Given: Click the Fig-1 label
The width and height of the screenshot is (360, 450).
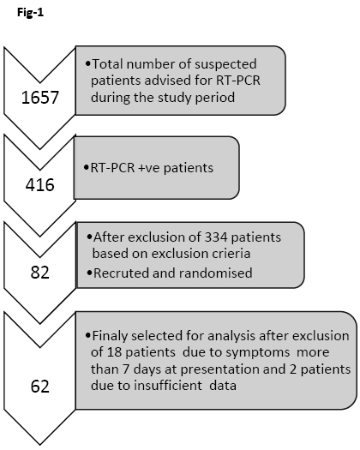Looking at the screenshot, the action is tap(31, 13).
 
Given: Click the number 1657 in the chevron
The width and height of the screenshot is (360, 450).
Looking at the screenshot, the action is tap(40, 98).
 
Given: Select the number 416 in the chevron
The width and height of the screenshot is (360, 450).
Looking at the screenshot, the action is tap(40, 185).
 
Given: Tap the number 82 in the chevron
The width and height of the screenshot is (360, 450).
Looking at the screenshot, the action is tap(40, 273).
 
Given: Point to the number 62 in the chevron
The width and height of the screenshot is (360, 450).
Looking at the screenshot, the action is tap(40, 387).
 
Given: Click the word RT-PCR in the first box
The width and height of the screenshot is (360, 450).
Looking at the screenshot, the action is tap(238, 81).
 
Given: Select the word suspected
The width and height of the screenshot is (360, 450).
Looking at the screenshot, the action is tap(225, 64).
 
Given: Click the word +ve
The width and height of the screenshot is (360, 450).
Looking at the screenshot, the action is tap(148, 168).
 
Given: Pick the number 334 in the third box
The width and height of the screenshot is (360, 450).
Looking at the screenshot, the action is tap(216, 237).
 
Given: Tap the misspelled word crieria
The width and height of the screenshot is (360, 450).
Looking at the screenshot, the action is tap(232, 254).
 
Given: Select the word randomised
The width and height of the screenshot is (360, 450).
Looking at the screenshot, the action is tap(216, 273).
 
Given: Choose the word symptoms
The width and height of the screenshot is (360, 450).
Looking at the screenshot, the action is tap(258, 352).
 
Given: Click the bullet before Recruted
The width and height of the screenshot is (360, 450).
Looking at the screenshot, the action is tap(89, 273).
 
